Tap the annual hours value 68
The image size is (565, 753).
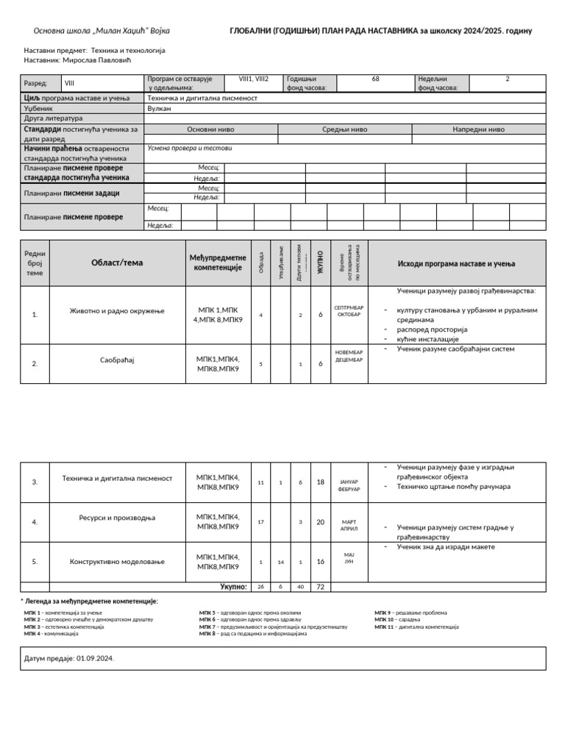376,78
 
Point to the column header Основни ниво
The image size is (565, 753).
211,129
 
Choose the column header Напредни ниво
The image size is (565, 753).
478,129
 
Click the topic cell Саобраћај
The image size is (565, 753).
117,360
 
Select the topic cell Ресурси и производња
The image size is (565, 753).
117,518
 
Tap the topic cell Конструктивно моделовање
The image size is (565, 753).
117,562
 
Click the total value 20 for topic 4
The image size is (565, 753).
320,522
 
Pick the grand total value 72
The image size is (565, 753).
320,587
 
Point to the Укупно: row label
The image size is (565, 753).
232,587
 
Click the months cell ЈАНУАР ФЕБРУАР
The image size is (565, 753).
349,482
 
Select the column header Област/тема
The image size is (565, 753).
117,263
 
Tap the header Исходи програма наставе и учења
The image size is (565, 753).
456,263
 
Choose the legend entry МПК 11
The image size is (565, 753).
416,627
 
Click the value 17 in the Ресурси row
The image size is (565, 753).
260,522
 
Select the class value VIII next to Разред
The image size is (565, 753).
70,84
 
